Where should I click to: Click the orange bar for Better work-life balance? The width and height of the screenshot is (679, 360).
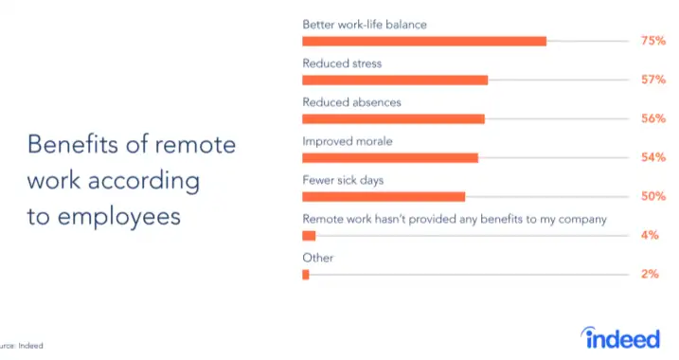click(423, 41)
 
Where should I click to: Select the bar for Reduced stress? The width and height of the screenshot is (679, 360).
click(394, 80)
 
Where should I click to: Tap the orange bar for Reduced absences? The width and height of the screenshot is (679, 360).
click(393, 118)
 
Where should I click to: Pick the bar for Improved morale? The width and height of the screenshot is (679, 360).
click(389, 157)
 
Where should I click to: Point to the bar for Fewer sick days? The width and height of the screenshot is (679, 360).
click(383, 196)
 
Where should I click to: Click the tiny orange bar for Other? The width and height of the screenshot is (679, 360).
click(306, 274)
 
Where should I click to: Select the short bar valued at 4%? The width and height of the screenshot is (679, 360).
click(309, 235)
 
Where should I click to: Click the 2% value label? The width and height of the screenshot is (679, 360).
click(650, 274)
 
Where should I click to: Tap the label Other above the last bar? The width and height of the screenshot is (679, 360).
click(317, 258)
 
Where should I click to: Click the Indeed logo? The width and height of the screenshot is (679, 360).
click(620, 337)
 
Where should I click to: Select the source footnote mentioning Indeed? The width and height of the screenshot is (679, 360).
click(21, 347)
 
